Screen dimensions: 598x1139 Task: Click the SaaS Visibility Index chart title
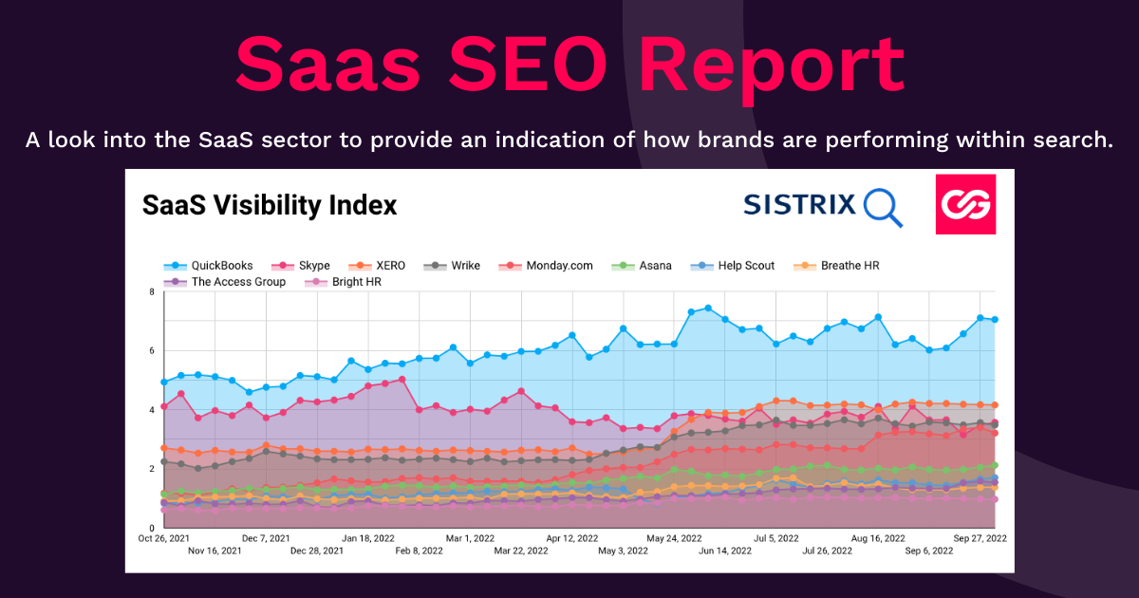(269, 205)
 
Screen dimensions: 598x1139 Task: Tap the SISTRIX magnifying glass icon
(883, 207)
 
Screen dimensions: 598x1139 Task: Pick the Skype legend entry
(303, 266)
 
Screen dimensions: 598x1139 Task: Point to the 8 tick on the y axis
(151, 291)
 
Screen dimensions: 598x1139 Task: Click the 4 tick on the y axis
(151, 410)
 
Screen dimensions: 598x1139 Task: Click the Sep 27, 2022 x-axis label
(980, 538)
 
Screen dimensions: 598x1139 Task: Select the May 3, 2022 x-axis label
(623, 551)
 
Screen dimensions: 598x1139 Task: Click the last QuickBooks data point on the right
(994, 320)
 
